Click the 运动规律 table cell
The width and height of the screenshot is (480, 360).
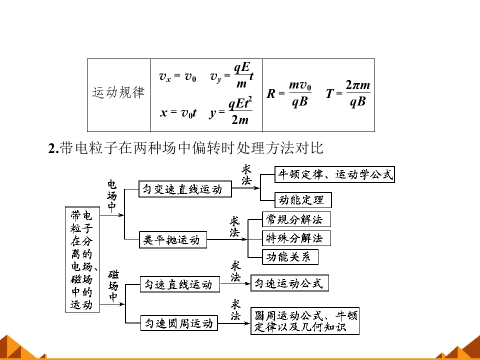[x=119, y=95]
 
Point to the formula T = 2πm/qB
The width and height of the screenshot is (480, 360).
[x=348, y=93]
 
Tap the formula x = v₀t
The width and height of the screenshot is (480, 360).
[x=178, y=113]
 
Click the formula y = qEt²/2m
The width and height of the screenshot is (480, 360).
[x=231, y=110]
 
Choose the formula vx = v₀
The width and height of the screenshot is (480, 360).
[x=177, y=76]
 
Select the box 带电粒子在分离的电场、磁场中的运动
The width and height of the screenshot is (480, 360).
[x=82, y=259]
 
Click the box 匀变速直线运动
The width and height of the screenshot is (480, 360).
[x=185, y=189]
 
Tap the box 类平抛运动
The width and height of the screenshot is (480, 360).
[x=173, y=239]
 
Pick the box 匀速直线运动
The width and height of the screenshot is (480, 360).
[x=180, y=284]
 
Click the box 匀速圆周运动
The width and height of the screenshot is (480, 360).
[x=179, y=323]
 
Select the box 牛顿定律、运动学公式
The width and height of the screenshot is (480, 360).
[x=334, y=174]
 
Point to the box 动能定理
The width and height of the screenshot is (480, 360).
[x=303, y=200]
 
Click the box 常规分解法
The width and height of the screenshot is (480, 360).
[x=296, y=219]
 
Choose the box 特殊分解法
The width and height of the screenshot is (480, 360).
[x=296, y=238]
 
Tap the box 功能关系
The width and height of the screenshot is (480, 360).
[x=290, y=257]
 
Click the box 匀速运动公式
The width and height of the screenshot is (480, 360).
[x=289, y=283]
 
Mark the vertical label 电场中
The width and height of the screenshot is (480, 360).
[x=112, y=196]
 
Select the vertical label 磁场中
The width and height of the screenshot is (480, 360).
[x=113, y=286]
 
